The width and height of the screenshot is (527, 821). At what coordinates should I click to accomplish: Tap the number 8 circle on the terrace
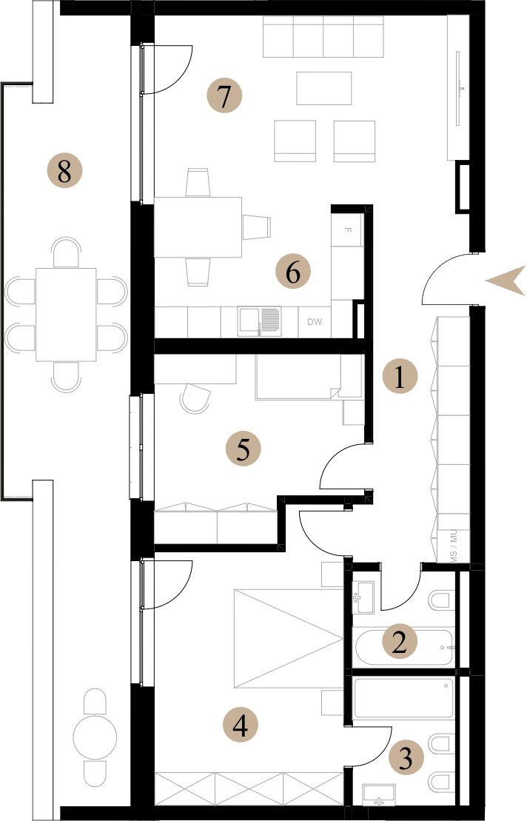tap(64, 170)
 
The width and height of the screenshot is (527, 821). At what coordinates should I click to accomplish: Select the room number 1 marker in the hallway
tap(400, 377)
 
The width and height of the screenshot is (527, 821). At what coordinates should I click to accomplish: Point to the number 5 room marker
tap(243, 449)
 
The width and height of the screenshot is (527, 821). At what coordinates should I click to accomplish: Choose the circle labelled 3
tap(406, 757)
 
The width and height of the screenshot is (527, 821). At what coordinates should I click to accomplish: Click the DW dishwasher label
tap(315, 322)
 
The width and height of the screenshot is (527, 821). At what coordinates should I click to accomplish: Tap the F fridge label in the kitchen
tap(348, 229)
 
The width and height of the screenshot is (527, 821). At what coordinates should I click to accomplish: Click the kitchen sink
tap(259, 321)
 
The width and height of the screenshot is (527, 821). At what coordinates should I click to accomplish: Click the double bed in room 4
tap(289, 638)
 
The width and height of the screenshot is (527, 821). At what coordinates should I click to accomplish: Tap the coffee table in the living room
tap(324, 88)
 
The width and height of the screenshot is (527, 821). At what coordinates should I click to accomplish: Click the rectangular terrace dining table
tap(66, 315)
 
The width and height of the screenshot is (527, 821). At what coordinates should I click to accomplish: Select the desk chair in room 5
tap(195, 398)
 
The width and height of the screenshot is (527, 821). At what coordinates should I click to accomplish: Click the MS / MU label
tap(453, 545)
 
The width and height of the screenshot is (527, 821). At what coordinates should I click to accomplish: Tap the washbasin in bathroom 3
tap(378, 795)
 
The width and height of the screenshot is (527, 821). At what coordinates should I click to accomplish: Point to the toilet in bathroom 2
tap(441, 600)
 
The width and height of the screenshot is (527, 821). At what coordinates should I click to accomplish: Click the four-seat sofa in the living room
tap(323, 36)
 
